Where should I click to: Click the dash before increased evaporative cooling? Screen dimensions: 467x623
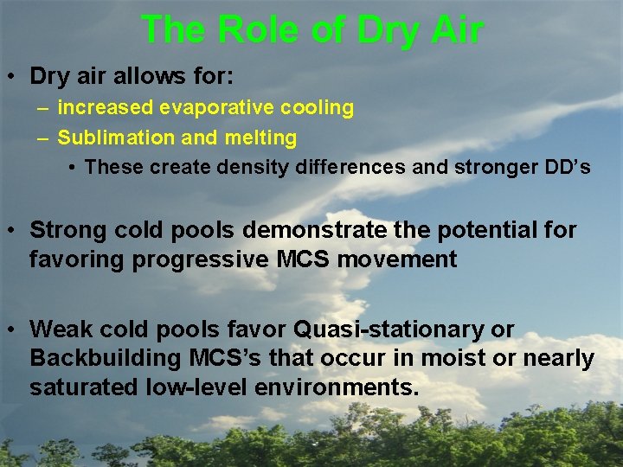coord(42,108)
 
